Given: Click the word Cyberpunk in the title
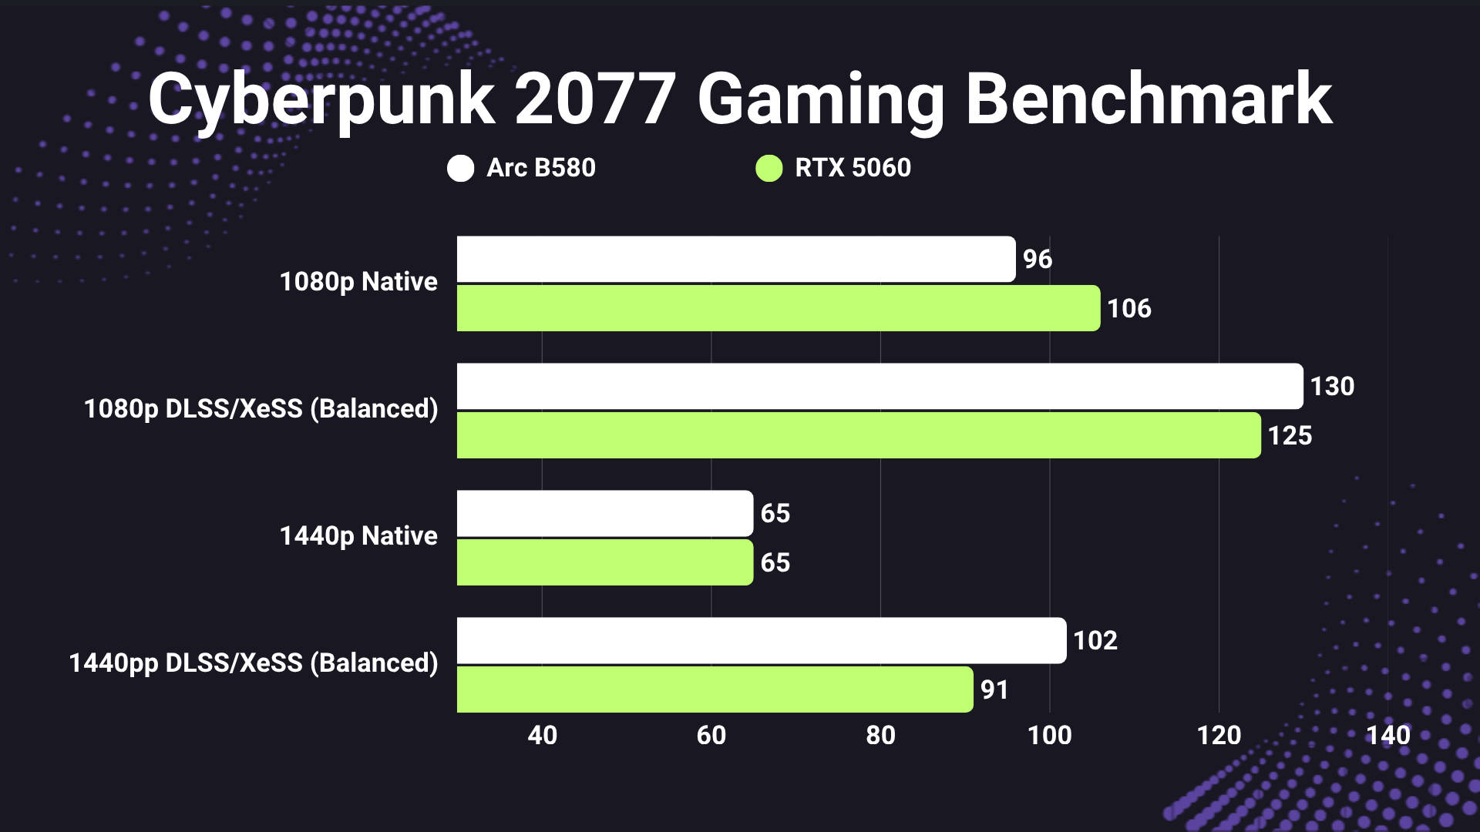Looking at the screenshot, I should tap(321, 100).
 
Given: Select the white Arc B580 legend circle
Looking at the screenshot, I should tap(460, 168).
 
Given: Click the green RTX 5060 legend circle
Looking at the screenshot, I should tap(769, 168).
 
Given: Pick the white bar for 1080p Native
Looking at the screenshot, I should tap(735, 259).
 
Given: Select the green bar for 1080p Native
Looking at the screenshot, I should tap(778, 308).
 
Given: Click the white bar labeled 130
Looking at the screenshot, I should tap(880, 386).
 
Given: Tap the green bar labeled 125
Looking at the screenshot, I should tap(858, 435).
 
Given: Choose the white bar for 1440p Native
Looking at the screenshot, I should tap(604, 513).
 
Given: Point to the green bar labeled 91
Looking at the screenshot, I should tap(715, 689).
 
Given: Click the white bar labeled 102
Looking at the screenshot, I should tap(761, 640).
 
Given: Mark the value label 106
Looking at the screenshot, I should tap(1128, 309).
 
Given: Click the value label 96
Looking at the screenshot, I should tap(1037, 260).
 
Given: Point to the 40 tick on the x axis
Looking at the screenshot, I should tap(542, 735).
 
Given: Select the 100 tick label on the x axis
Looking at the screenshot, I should tap(1049, 735).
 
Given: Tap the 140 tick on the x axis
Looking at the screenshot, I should tap(1388, 735).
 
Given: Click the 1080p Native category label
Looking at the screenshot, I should tap(358, 282).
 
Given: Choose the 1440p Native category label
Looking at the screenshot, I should tap(358, 536).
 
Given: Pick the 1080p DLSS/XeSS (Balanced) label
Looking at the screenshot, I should tap(261, 409).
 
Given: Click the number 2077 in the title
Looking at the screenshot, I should tap(595, 100).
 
